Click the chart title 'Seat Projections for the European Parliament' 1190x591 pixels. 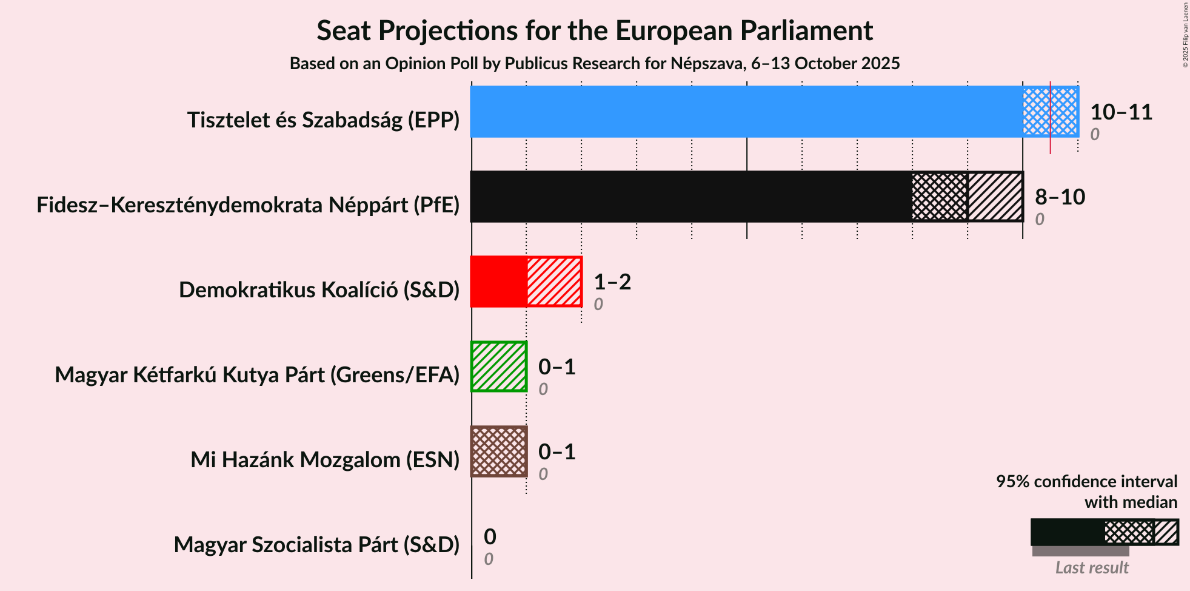click(595, 30)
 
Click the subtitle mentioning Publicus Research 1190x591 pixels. click(595, 64)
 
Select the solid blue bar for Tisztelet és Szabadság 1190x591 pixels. click(747, 112)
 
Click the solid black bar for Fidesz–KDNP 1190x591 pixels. click(692, 197)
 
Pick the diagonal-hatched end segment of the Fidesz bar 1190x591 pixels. click(995, 197)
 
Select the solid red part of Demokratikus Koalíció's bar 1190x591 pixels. click(499, 282)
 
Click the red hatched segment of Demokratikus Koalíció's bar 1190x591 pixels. click(554, 282)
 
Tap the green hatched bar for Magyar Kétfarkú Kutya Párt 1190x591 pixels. click(499, 366)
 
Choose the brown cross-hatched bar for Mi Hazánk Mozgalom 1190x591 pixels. click(499, 451)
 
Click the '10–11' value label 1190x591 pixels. click(1121, 112)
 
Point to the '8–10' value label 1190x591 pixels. click(1060, 197)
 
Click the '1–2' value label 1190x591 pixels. click(612, 282)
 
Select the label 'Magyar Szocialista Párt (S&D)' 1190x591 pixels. click(317, 545)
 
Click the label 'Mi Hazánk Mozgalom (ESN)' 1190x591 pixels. click(326, 460)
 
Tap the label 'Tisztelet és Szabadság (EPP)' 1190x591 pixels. click(324, 120)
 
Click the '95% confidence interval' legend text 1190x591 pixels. click(1087, 481)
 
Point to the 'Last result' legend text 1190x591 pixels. click(1092, 567)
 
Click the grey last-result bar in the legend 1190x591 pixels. click(1081, 551)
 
